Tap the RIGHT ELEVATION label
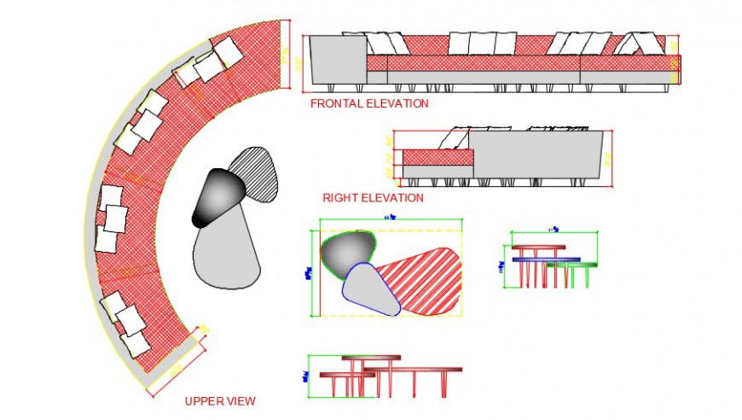pyautogui.click(x=373, y=198)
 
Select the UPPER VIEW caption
pyautogui.click(x=220, y=400)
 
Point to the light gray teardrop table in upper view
pyautogui.click(x=225, y=253)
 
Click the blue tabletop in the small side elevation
pyautogui.click(x=546, y=259)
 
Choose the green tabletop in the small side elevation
pyautogui.click(x=572, y=265)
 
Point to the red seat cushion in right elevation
pyautogui.click(x=436, y=157)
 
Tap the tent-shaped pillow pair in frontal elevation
pyautogui.click(x=639, y=43)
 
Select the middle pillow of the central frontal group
pyautogui.click(x=483, y=43)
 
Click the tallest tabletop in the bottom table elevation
pyautogui.click(x=371, y=358)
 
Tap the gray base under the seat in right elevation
pyautogui.click(x=436, y=172)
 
